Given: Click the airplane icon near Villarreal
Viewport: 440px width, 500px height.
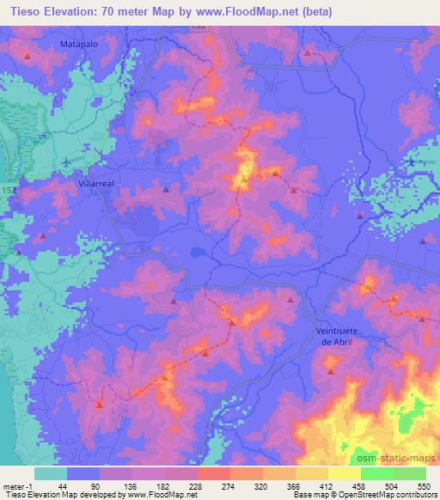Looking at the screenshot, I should (x=68, y=161).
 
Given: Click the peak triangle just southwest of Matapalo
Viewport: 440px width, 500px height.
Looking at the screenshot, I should (x=27, y=57).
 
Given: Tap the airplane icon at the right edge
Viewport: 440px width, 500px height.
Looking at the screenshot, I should (x=411, y=162).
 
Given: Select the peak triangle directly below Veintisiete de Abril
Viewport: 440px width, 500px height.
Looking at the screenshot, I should (x=332, y=371).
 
